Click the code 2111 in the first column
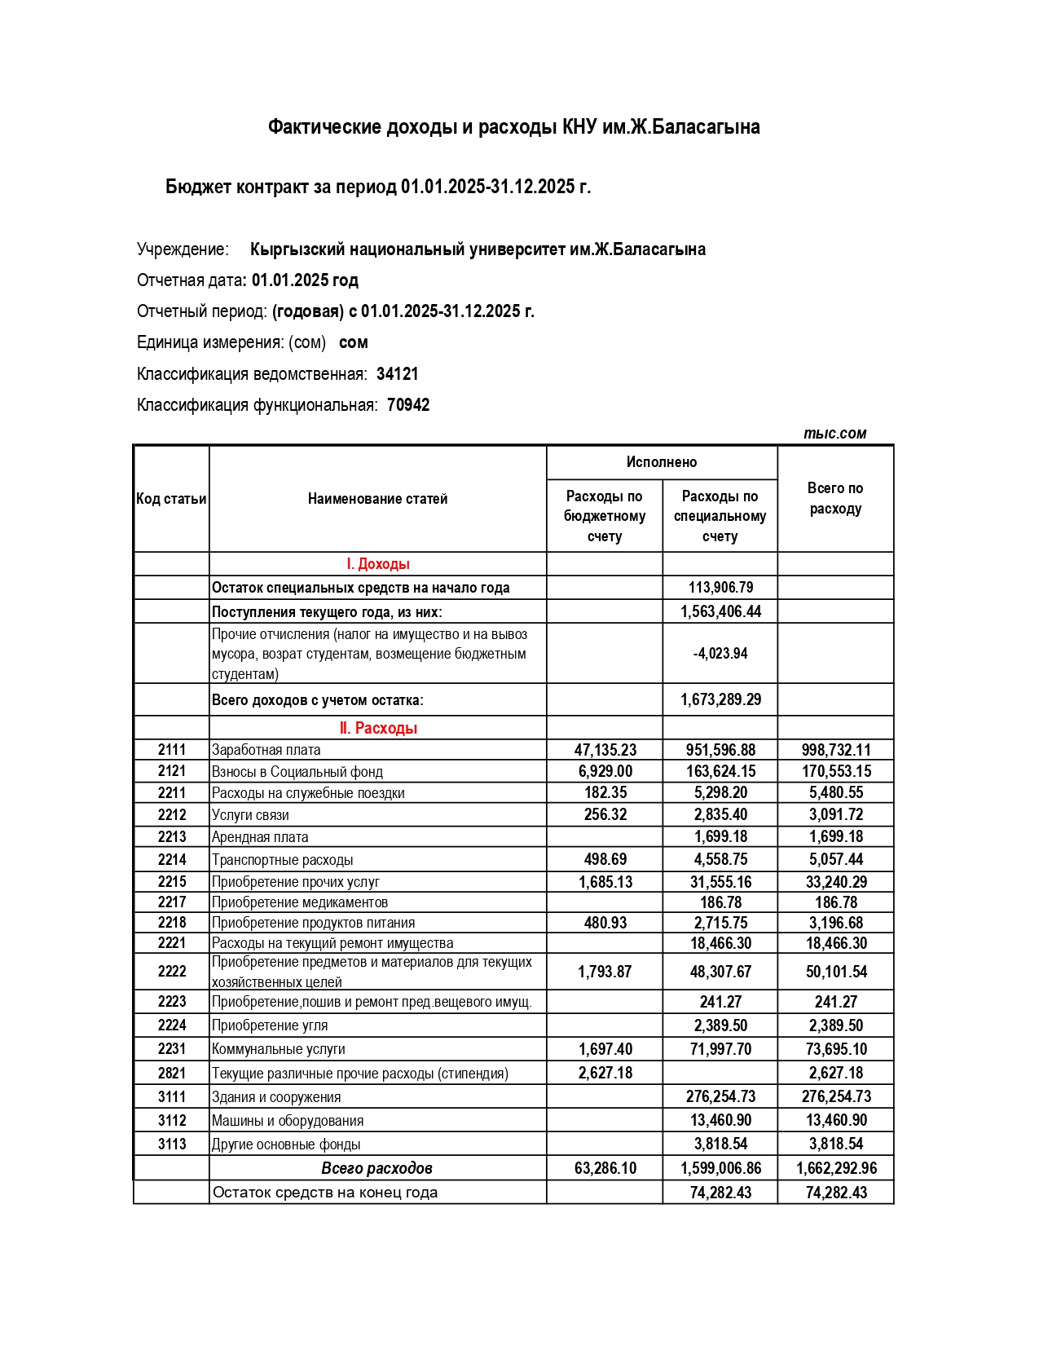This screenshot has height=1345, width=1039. pos(172,750)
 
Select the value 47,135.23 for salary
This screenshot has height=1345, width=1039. pos(605,750)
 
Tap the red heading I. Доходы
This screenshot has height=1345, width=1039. pos(378,564)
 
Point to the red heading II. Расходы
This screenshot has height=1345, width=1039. pos(378,728)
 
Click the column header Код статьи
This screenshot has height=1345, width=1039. pos(171,499)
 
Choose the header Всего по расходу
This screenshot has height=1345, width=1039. pos(835,498)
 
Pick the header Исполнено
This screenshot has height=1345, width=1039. pos(662,462)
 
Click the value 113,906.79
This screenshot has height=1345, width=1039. pos(720,588)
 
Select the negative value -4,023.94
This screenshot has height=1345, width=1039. pos(720,654)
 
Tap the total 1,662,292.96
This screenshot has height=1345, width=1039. pos(836,1168)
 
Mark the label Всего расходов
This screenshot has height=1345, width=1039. pos(376,1168)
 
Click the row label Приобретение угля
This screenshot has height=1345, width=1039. pos(270,1025)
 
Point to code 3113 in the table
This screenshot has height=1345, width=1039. pos(172,1144)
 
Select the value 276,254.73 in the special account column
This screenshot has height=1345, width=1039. pos(720,1096)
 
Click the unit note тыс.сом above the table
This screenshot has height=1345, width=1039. pos(834,434)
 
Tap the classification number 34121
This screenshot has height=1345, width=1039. pos(398,374)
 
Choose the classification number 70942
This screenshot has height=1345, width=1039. pos(408,405)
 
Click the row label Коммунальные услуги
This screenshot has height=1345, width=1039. pos(279,1049)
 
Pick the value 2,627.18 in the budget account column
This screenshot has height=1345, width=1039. pos(605,1073)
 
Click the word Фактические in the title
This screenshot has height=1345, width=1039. pos(325,127)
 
